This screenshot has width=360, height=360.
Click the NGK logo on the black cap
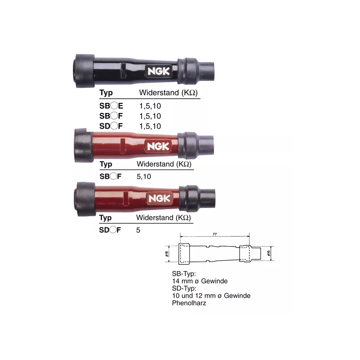pyautogui.click(x=159, y=71)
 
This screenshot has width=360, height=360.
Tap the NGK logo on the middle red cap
pyautogui.click(x=158, y=146)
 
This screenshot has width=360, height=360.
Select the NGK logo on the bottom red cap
pyautogui.click(x=160, y=198)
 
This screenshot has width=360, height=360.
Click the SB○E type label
pyautogui.click(x=111, y=106)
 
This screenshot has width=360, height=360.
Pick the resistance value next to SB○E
pyautogui.click(x=150, y=106)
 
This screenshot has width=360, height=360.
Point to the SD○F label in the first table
pyautogui.click(x=111, y=126)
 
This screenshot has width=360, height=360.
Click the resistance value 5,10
pyautogui.click(x=144, y=176)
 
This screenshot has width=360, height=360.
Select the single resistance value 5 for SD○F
pyautogui.click(x=138, y=230)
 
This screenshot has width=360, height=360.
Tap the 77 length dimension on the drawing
pyautogui.click(x=215, y=234)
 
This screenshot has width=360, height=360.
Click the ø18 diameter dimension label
pyautogui.click(x=166, y=254)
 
